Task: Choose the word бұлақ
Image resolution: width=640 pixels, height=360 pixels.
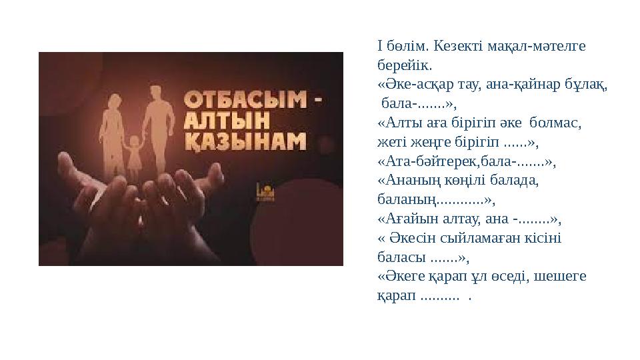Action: (x=589, y=85)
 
